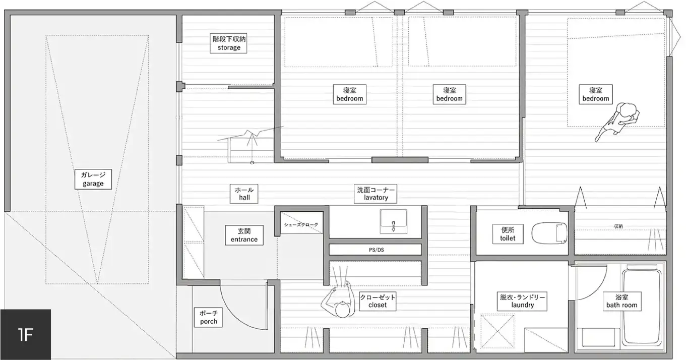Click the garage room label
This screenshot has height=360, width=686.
point(93,179)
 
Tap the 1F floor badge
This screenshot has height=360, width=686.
point(25,334)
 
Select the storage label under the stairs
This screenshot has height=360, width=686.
point(229,43)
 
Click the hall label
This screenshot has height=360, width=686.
point(244,194)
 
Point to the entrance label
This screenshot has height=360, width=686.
point(244,234)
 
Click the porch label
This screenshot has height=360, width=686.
point(208,317)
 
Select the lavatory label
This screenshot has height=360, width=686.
point(376,194)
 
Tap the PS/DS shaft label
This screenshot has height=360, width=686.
point(376,250)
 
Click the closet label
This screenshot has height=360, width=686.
point(378,301)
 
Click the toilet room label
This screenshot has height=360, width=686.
point(508,233)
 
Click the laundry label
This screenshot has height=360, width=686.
point(522,301)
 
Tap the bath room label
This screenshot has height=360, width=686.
point(621,301)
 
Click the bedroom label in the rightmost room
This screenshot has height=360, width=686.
point(596,94)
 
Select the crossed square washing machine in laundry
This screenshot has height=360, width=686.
point(497,332)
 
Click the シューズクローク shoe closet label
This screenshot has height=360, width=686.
point(301,224)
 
